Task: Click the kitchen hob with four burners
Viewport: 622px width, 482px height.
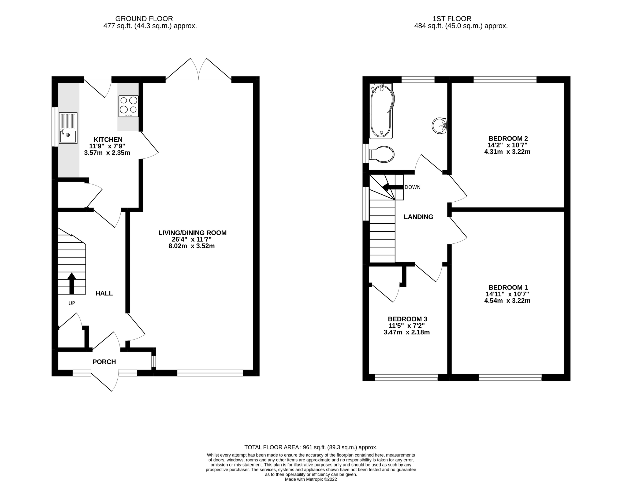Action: tap(128, 106)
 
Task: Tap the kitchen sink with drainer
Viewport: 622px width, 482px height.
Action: tap(68, 128)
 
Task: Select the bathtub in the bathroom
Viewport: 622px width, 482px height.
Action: tap(381, 111)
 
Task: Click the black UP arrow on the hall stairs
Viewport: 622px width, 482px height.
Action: tap(72, 283)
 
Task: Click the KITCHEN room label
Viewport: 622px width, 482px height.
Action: tap(108, 140)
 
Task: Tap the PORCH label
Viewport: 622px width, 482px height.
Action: tap(104, 362)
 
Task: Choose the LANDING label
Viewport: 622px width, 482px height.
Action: tap(418, 217)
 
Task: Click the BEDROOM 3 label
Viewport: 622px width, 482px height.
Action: tap(407, 319)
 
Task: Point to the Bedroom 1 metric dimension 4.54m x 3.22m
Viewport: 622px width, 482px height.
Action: tap(507, 300)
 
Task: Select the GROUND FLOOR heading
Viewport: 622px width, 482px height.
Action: tap(144, 19)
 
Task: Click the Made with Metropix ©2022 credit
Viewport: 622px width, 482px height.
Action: tap(311, 479)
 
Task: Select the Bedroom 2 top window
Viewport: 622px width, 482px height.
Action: tap(505, 79)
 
